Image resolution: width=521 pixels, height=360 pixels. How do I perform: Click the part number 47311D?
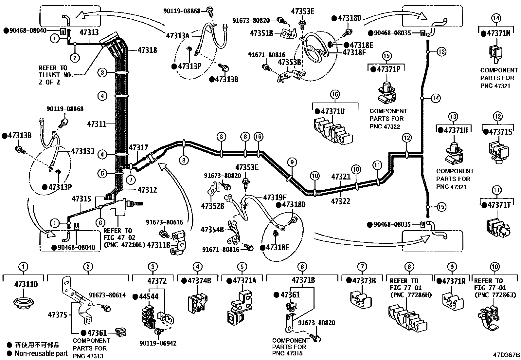point(26,284)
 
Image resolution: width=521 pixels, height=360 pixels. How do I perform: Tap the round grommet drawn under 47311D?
point(23,302)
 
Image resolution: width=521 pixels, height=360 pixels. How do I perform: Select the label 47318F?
point(354,52)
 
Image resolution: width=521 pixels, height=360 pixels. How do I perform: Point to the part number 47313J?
point(82,151)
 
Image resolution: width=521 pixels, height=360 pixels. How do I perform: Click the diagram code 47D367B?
point(506,355)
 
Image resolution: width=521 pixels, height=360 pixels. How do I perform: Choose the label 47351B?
point(261,33)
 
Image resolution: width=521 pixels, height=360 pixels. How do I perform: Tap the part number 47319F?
point(275,198)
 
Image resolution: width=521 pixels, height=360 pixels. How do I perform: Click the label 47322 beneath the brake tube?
point(340,201)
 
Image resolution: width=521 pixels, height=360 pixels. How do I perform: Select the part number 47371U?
point(333,111)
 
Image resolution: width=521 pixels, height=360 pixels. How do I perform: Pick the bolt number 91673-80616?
point(164,222)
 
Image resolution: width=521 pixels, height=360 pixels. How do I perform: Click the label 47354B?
point(212,230)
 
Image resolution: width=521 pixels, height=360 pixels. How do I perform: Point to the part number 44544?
point(149,296)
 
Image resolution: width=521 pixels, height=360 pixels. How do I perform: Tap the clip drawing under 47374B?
point(197,303)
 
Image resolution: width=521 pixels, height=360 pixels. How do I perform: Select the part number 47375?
point(58,315)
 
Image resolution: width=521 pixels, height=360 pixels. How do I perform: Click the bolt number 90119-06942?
point(158,343)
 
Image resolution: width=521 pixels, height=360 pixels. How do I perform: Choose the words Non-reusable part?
point(41,353)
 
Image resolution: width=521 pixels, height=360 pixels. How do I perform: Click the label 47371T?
point(499,205)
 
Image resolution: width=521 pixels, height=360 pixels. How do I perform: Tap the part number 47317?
point(138,147)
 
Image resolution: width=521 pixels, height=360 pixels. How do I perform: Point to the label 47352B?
point(213,206)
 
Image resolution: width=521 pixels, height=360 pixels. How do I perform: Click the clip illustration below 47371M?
point(496,54)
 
